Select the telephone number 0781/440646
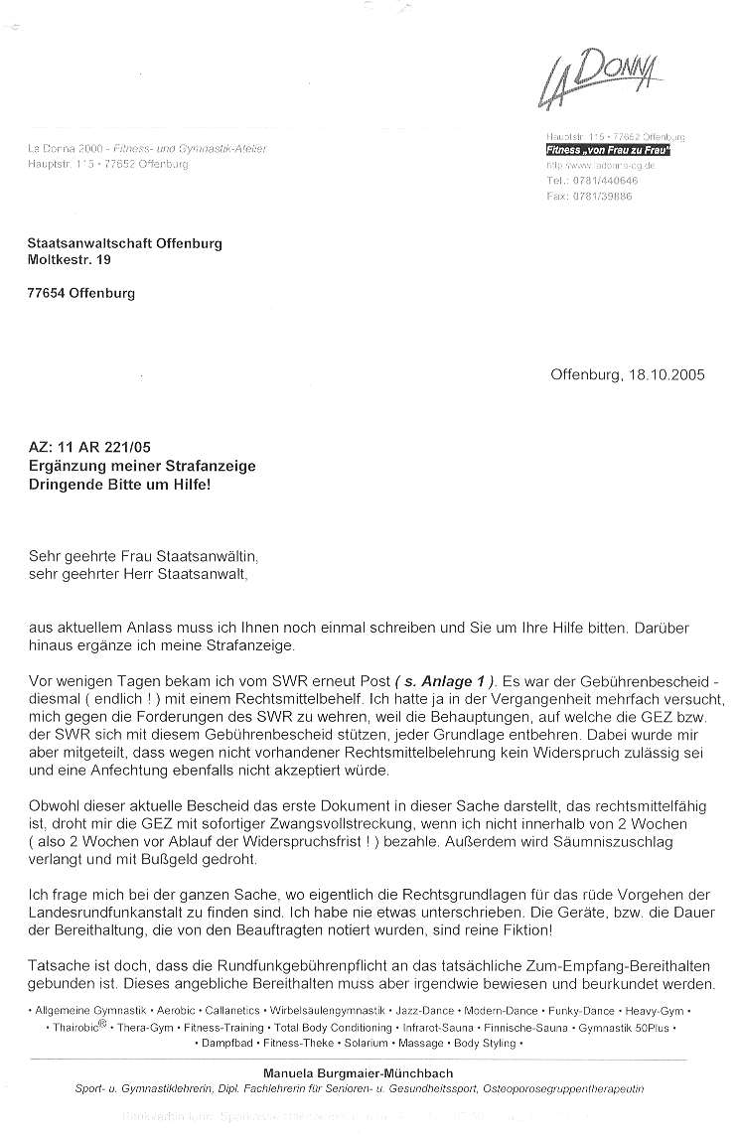pos(601,182)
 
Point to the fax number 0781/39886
pos(600,197)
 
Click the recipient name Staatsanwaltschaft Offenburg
pos(124,243)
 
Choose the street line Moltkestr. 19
pos(70,260)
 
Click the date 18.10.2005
pos(667,374)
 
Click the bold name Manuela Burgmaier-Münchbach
pos(358,1073)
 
